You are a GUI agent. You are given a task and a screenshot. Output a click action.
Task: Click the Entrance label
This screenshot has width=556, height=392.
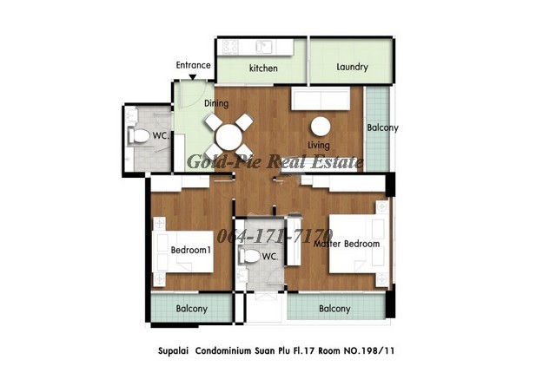[x=193, y=65]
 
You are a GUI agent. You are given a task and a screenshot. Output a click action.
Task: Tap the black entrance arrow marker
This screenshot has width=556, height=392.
[x=193, y=77]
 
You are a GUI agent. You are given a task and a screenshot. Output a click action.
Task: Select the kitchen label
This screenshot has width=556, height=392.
[x=263, y=68]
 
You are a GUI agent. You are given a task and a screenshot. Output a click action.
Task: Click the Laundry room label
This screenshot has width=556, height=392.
[x=352, y=67]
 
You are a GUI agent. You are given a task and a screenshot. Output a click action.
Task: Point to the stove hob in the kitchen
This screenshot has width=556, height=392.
[x=230, y=46]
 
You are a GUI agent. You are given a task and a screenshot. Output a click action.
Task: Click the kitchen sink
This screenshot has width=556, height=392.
[x=264, y=47]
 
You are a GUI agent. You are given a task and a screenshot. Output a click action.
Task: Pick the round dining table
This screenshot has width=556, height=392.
[x=229, y=137]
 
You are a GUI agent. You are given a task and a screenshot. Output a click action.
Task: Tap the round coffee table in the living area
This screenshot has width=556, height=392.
[x=321, y=127]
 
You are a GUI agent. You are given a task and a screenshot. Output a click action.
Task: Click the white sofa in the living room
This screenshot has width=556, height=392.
[x=321, y=98]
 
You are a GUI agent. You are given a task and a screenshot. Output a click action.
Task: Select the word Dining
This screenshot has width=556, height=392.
[x=216, y=103]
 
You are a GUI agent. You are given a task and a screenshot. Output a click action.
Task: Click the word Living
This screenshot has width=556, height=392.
[x=319, y=145]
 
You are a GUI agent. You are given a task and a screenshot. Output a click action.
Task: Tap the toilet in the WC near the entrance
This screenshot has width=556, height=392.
[x=139, y=136]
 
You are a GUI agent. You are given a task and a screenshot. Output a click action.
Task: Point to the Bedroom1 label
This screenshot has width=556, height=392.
[x=191, y=250]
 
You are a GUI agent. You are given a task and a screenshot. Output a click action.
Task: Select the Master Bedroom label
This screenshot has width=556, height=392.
[x=347, y=244]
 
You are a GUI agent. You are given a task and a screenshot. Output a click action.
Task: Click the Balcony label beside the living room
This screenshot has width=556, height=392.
[x=382, y=127]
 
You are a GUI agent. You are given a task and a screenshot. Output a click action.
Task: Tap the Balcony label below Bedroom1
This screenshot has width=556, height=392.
[x=191, y=309]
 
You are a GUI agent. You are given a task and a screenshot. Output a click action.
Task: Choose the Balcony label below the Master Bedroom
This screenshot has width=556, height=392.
[x=334, y=309]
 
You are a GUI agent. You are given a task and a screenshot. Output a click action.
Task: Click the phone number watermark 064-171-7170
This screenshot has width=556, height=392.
[x=275, y=236]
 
